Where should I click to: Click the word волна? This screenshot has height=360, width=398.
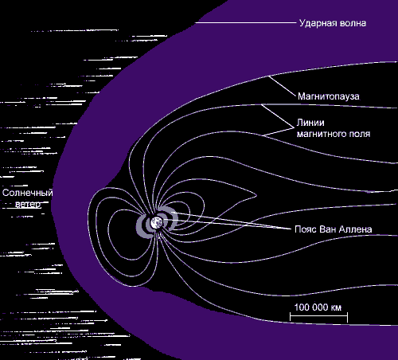(353, 23)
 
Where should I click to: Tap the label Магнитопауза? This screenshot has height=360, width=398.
(329, 96)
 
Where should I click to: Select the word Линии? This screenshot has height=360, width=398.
(310, 123)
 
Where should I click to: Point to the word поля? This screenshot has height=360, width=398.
(360, 134)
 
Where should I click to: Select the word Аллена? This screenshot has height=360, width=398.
(356, 229)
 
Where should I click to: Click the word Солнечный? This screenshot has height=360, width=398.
(28, 193)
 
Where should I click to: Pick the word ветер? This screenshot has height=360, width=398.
(28, 204)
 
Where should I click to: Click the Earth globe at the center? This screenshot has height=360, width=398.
(157, 223)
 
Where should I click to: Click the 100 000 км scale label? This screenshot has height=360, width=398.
(318, 307)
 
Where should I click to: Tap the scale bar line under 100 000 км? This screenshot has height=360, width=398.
(318, 316)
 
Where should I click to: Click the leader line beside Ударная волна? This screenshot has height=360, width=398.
(246, 23)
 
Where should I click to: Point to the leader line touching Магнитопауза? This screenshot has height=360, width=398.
(282, 86)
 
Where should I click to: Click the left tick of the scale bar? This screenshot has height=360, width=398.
(291, 317)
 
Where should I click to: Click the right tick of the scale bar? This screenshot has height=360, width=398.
(347, 317)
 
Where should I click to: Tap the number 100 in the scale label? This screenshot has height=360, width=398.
(302, 307)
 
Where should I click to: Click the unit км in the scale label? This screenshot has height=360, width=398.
(336, 308)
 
